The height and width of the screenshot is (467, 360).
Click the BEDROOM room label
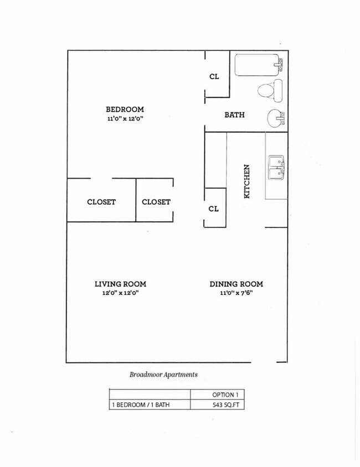[x=125, y=109]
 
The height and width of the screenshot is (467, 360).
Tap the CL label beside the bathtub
[x=214, y=76]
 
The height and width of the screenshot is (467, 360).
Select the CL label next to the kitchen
[x=214, y=209]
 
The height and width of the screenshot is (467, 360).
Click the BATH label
[x=234, y=115]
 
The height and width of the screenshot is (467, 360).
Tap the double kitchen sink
[x=276, y=168]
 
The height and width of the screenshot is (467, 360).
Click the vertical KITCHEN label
[x=247, y=181]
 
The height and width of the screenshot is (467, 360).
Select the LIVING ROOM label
[x=120, y=284]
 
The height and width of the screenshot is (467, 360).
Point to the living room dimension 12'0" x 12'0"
[x=120, y=293]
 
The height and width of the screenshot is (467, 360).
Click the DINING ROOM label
[x=236, y=284]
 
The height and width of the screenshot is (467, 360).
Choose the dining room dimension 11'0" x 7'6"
[x=236, y=293]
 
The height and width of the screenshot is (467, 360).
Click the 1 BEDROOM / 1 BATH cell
[x=141, y=405]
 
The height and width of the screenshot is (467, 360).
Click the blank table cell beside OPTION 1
[x=150, y=395]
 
